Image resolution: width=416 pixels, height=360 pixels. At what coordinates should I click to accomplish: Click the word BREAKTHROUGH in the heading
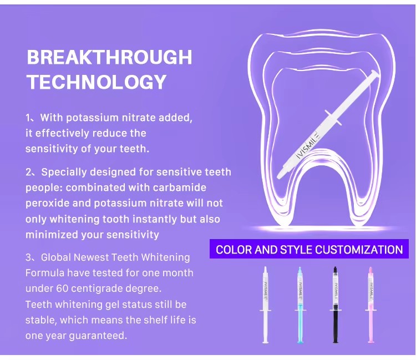109,57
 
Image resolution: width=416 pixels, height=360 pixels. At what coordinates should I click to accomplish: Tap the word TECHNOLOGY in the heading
97,82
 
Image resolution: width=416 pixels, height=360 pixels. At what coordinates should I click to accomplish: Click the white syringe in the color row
265,305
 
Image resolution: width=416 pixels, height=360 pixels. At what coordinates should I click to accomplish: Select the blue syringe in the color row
300,305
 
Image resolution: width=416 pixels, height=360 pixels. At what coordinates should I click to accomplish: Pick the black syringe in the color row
336,305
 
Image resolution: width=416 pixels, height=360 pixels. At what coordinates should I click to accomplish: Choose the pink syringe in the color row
371,305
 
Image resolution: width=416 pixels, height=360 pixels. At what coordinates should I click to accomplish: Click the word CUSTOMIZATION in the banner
359,250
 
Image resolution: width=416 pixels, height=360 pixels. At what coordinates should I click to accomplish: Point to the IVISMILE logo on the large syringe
308,146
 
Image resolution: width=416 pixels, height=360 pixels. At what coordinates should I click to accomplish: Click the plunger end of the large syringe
374,74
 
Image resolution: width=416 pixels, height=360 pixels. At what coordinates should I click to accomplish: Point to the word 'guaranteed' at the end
98,336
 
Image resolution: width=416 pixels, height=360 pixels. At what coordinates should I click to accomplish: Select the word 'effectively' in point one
62,133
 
